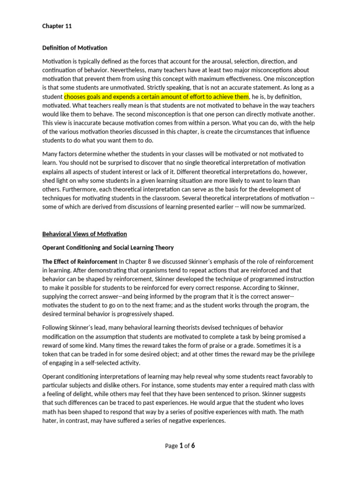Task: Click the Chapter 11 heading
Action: click(57, 26)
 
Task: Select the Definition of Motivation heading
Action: click(75, 48)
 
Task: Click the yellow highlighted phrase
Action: click(157, 97)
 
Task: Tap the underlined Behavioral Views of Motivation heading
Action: click(84, 234)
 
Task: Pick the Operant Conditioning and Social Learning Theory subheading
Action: click(108, 247)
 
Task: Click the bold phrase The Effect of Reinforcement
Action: click(80, 262)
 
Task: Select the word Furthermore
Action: click(61, 189)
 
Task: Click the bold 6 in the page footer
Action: click(193, 446)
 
